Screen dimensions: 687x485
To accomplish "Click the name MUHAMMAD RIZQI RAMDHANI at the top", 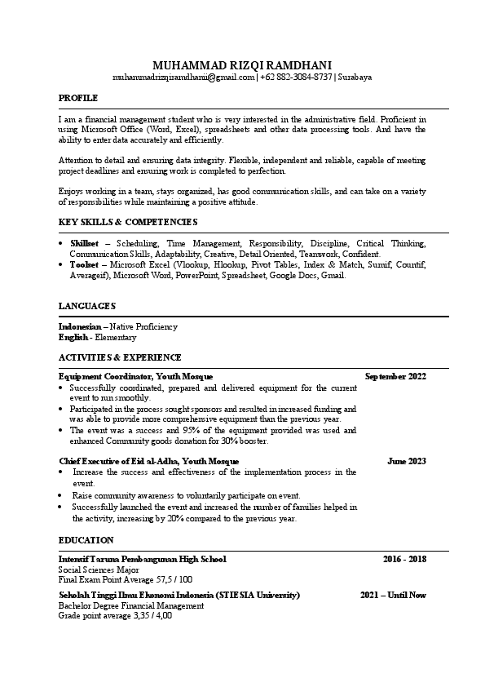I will point(242,64).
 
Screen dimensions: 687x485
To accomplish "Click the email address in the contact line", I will point(183,77).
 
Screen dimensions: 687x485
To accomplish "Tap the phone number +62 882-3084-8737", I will point(296,77).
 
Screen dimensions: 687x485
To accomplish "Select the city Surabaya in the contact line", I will point(354,77).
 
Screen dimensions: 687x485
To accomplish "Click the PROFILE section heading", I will point(78,98).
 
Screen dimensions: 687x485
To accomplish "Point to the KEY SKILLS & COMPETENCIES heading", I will point(128,222).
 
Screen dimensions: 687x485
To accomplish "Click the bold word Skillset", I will point(85,244).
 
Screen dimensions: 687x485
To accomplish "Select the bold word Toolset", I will point(84,265).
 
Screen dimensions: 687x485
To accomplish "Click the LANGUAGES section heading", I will point(87,305).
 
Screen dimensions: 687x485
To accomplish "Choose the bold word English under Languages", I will point(73,337).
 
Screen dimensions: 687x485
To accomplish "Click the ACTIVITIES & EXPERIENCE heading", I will point(120,357).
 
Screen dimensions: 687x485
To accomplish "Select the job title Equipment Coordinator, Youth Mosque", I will point(135,377).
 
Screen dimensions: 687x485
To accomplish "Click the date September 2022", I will point(395,377).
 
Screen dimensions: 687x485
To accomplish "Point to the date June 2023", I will point(407,461).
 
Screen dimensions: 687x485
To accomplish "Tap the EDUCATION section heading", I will point(86,540).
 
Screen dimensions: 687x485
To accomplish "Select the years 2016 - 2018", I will point(404,560).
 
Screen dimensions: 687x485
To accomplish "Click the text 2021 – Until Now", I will point(393,596).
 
